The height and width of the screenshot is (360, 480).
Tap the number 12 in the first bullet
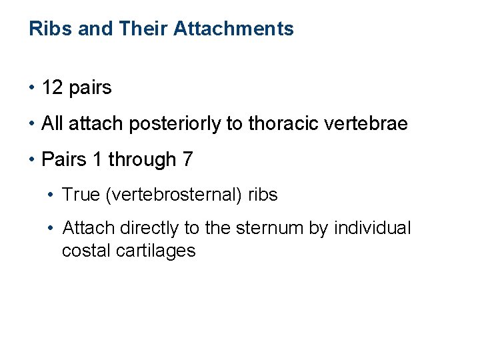point(53,87)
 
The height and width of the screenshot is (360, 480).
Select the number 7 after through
point(187,159)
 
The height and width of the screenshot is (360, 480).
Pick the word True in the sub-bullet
point(80,195)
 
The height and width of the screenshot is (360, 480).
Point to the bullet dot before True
point(52,195)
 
